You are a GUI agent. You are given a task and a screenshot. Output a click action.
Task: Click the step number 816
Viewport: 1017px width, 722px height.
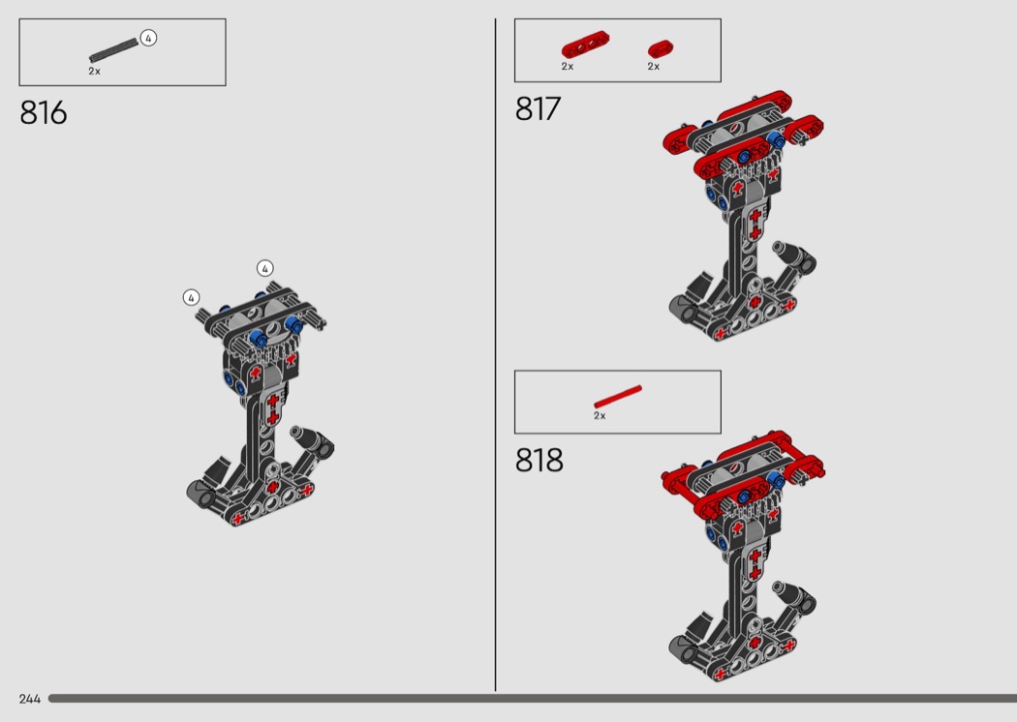(43, 113)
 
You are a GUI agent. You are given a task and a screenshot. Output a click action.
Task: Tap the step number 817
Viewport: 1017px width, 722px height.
(538, 109)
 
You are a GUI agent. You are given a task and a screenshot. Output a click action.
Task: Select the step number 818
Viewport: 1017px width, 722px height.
(539, 460)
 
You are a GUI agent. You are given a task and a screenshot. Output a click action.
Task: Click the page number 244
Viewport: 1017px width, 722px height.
(30, 699)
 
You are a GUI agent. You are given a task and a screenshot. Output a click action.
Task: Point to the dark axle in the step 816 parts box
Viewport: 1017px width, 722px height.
(113, 50)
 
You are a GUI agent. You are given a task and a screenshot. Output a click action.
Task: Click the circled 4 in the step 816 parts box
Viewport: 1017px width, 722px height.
(148, 39)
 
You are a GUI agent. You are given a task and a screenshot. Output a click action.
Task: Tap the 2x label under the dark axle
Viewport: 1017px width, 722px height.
(95, 72)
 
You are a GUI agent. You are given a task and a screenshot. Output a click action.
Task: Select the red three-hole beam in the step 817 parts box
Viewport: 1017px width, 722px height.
(585, 45)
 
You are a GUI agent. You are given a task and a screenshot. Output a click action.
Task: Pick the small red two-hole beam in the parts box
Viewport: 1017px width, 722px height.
(661, 48)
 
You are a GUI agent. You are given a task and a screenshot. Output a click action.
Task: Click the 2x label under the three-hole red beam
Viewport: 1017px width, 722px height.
(568, 66)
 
